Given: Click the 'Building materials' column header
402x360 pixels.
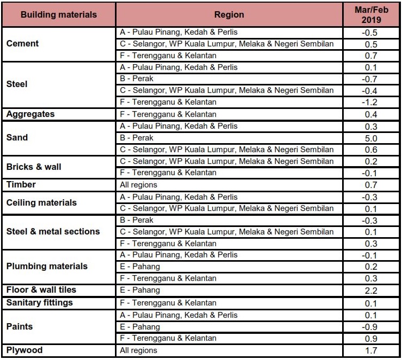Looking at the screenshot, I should click(59, 15).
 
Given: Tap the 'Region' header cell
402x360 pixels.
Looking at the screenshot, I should click(229, 15).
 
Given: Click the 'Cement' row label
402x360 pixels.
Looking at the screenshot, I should click(22, 44).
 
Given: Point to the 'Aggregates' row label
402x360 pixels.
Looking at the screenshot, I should click(30, 114).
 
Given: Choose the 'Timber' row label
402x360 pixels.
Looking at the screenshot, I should click(21, 185).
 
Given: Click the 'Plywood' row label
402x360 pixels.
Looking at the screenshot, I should click(25, 350).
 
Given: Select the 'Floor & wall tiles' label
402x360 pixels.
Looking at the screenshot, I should click(41, 290).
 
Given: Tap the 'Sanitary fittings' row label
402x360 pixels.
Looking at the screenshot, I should click(40, 303).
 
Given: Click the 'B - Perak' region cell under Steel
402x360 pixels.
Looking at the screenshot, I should click(137, 79).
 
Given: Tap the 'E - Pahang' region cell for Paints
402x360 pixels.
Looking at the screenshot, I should click(140, 327).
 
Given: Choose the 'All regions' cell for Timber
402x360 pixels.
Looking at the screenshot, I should click(138, 185).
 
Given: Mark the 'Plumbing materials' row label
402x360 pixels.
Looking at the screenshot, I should click(47, 267).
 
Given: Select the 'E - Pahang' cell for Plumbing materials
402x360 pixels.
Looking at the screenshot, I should click(140, 267).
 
